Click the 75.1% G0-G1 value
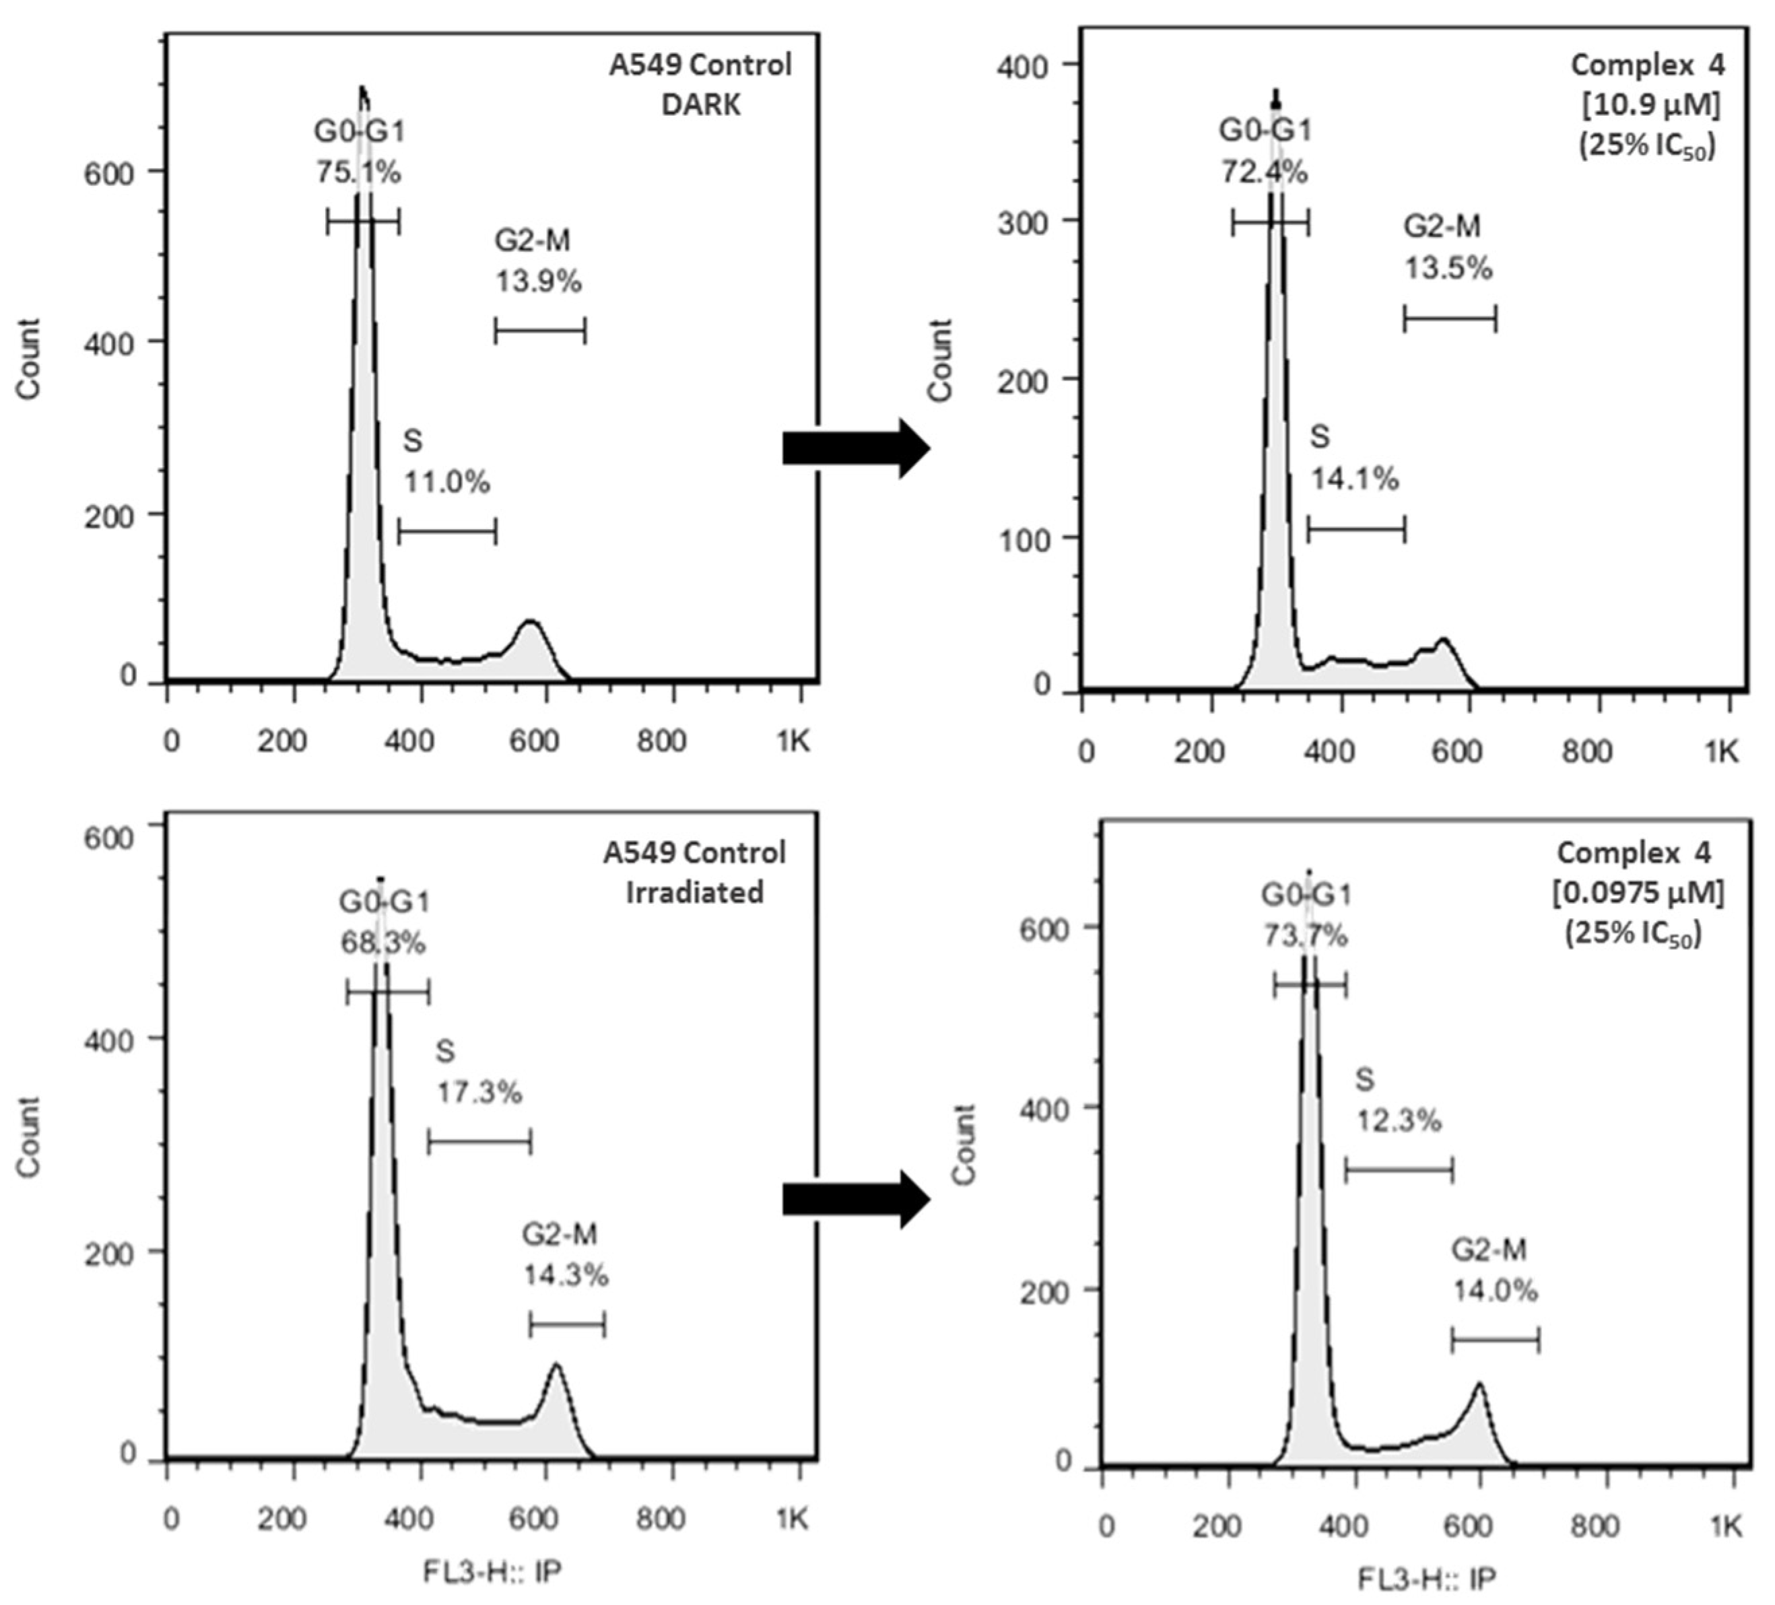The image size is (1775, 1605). [358, 172]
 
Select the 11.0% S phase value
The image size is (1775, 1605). [446, 483]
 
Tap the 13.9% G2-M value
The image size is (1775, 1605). [538, 281]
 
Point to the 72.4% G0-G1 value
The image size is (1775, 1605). [1263, 172]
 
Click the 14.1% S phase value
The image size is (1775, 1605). [1355, 480]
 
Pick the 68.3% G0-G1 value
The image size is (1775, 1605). [383, 944]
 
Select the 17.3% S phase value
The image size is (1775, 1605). [480, 1093]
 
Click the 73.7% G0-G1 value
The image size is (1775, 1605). [1306, 936]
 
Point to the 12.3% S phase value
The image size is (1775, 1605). [1398, 1121]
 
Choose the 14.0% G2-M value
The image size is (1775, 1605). [1495, 1291]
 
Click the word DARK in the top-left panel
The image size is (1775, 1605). [701, 105]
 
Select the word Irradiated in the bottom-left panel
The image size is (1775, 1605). [695, 892]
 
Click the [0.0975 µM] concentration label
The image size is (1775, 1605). [1636, 893]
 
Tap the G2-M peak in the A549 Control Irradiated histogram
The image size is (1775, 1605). [556, 1370]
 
